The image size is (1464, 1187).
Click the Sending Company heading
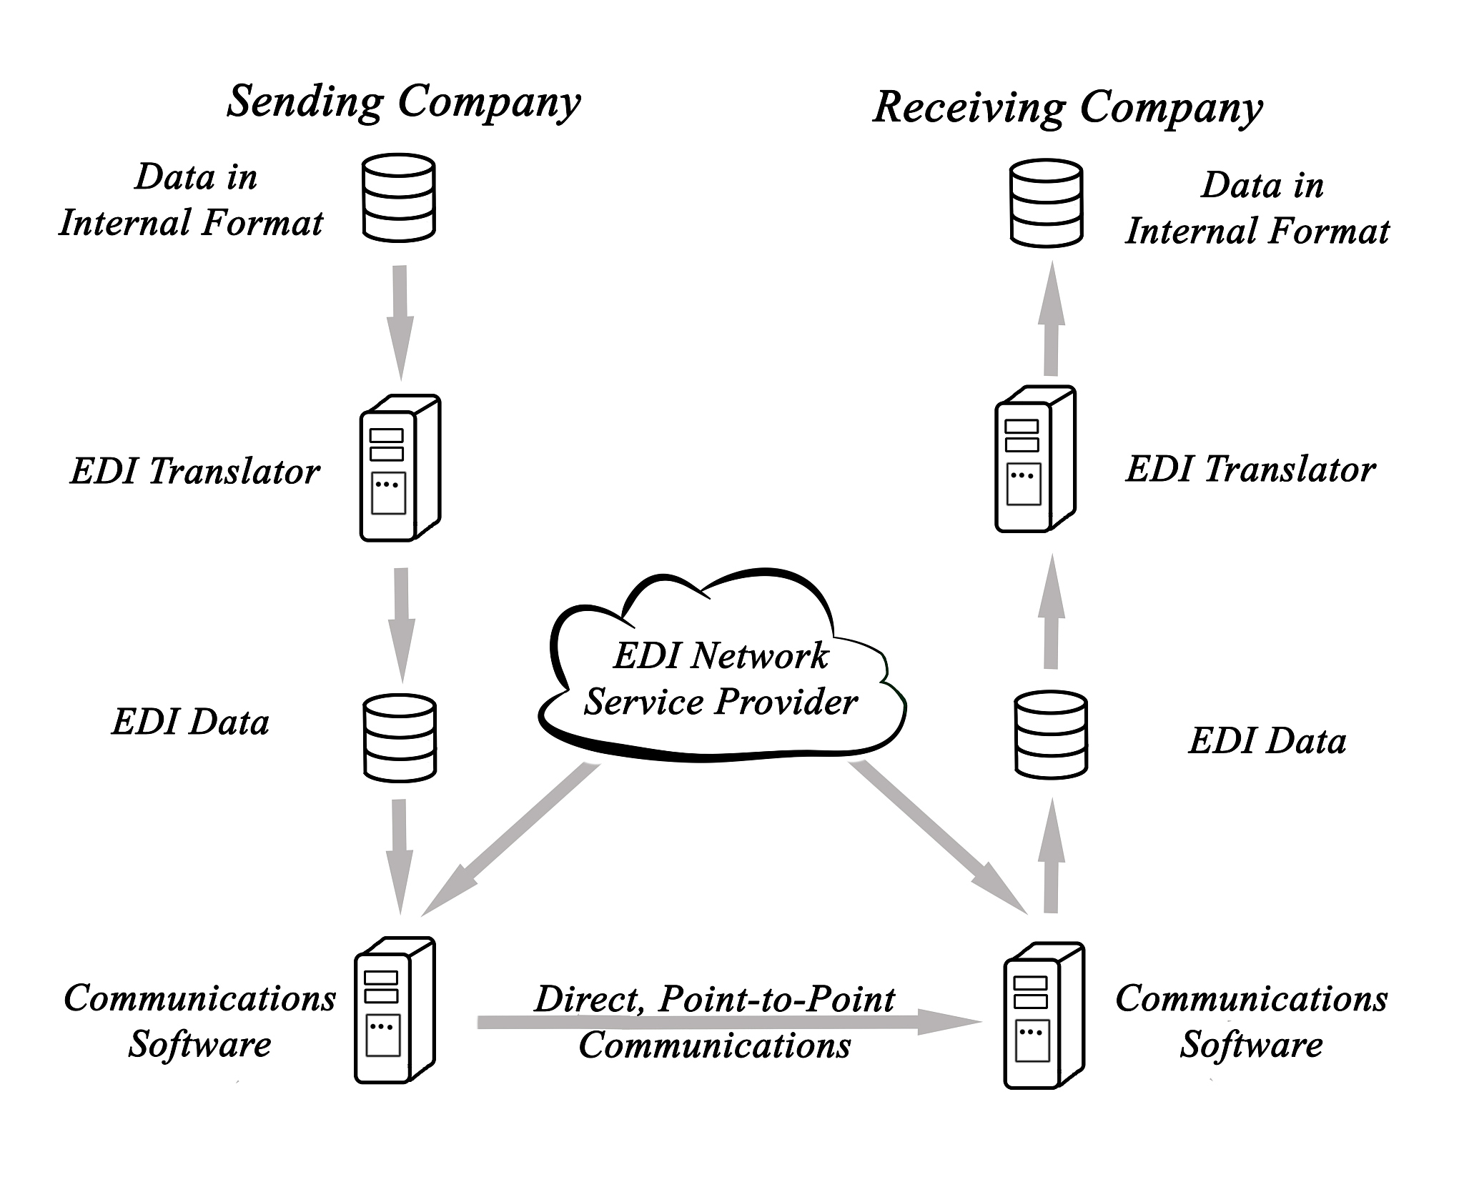tap(403, 102)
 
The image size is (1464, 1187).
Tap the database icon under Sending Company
tap(399, 197)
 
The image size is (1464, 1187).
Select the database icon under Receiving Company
tap(1046, 204)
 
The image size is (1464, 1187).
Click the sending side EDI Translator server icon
tap(400, 467)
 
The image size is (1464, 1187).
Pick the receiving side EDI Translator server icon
tap(1035, 459)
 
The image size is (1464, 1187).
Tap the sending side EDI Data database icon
tap(400, 737)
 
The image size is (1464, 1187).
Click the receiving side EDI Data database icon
tap(1051, 734)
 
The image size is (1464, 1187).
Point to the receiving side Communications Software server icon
tap(1044, 1015)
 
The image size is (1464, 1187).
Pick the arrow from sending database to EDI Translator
tap(400, 322)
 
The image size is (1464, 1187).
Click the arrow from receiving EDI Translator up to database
tap(1051, 318)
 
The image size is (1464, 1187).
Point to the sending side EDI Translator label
tap(194, 472)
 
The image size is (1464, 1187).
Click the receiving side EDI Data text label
tap(1267, 741)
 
